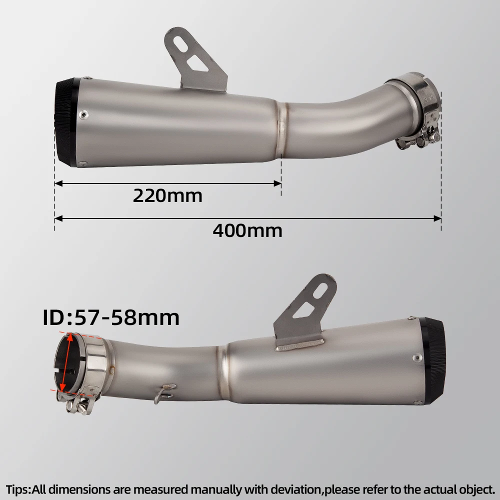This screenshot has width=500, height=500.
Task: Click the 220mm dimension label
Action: (167, 195)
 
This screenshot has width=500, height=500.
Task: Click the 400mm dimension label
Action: (247, 230)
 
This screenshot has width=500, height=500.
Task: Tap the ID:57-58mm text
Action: (111, 317)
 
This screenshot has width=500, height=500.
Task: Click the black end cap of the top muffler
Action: (66, 122)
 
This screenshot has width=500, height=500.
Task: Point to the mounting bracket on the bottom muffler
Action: (304, 312)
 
